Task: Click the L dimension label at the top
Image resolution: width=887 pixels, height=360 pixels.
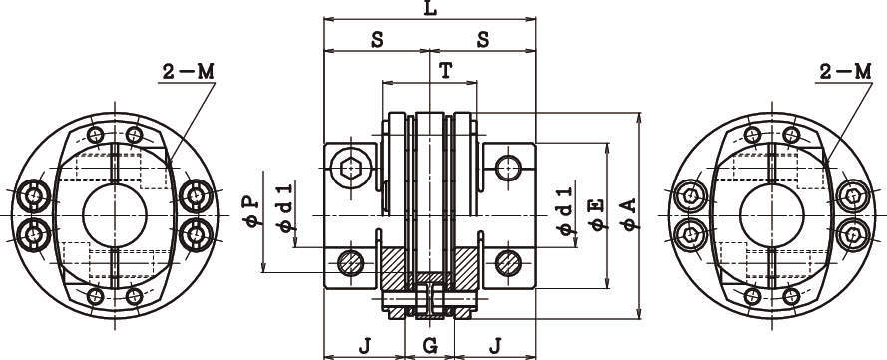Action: pyautogui.click(x=430, y=9)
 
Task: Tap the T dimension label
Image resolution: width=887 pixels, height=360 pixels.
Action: pyautogui.click(x=446, y=71)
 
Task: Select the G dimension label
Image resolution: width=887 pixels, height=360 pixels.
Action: pyautogui.click(x=430, y=345)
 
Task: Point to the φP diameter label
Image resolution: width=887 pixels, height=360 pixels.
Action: pyautogui.click(x=253, y=210)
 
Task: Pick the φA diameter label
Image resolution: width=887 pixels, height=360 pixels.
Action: pyautogui.click(x=629, y=213)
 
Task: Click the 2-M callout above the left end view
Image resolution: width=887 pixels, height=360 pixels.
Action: pyautogui.click(x=189, y=71)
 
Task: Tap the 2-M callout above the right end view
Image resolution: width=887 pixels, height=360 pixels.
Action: pyautogui.click(x=846, y=71)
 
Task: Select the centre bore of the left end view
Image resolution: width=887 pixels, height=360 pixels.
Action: pyautogui.click(x=115, y=214)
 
